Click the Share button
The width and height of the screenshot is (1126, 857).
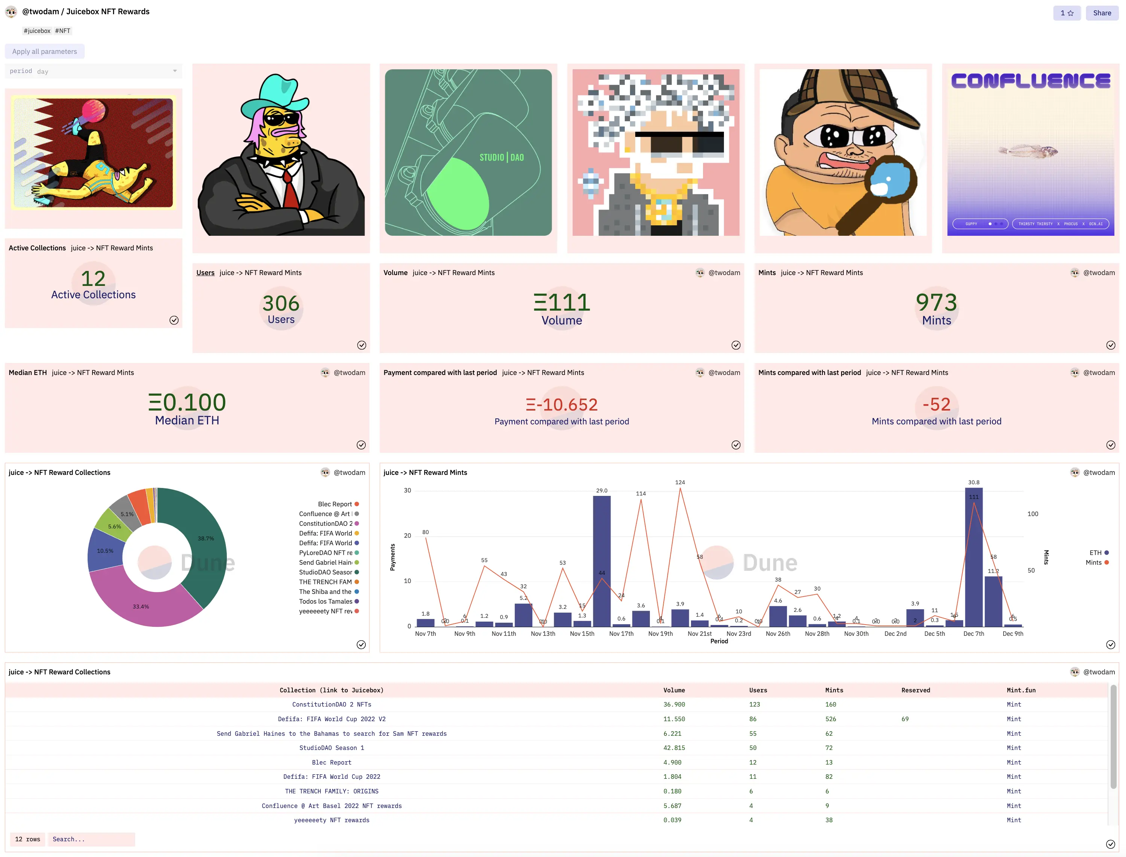point(1102,13)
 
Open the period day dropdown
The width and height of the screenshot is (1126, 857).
point(93,71)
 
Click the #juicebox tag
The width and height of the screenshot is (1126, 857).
point(37,31)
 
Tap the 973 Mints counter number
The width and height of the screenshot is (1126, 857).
point(936,302)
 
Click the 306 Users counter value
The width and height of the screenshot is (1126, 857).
point(281,304)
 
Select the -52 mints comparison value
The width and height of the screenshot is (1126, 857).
point(936,405)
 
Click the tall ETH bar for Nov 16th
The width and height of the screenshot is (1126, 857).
point(602,561)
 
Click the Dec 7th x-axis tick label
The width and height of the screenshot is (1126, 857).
point(973,634)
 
